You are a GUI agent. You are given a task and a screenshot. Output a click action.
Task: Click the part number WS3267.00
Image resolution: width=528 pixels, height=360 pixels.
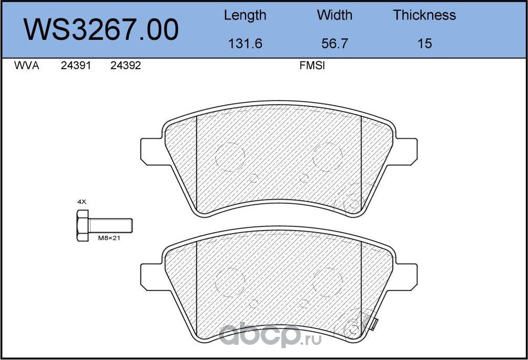pyautogui.click(x=102, y=29)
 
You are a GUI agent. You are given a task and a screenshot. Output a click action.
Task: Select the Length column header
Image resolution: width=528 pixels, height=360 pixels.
pyautogui.click(x=245, y=15)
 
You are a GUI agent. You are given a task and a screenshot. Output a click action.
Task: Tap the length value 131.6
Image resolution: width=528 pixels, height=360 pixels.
pyautogui.click(x=245, y=43)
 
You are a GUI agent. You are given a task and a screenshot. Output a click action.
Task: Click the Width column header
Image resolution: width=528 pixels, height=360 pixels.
pyautogui.click(x=335, y=15)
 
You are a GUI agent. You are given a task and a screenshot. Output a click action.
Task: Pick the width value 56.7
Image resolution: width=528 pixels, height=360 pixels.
pyautogui.click(x=335, y=43)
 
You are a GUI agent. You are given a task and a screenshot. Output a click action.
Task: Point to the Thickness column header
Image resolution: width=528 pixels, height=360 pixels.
pyautogui.click(x=424, y=15)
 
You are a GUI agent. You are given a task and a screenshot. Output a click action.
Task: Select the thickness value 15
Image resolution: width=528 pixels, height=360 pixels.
pyautogui.click(x=424, y=43)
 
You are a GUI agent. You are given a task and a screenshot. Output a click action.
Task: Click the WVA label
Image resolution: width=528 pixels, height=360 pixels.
pyautogui.click(x=26, y=67)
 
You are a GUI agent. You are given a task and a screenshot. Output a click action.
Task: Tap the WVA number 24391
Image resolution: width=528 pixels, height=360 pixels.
pyautogui.click(x=76, y=67)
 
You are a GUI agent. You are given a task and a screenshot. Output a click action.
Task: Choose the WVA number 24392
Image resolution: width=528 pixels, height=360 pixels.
pyautogui.click(x=126, y=67)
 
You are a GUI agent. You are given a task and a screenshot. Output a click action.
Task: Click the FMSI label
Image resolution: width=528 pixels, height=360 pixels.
pyautogui.click(x=312, y=67)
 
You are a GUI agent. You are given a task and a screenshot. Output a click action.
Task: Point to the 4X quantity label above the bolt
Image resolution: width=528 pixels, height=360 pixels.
pyautogui.click(x=81, y=201)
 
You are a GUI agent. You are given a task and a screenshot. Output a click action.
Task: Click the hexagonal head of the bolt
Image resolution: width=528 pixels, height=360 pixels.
pyautogui.click(x=82, y=225)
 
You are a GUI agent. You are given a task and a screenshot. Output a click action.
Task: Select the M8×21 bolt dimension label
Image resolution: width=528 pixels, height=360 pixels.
pyautogui.click(x=109, y=238)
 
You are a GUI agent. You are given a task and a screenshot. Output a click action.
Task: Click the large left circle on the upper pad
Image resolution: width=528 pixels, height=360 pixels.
pyautogui.click(x=230, y=157)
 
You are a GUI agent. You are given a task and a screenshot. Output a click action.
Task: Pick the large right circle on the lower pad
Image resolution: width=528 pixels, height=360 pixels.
pyautogui.click(x=327, y=281)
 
